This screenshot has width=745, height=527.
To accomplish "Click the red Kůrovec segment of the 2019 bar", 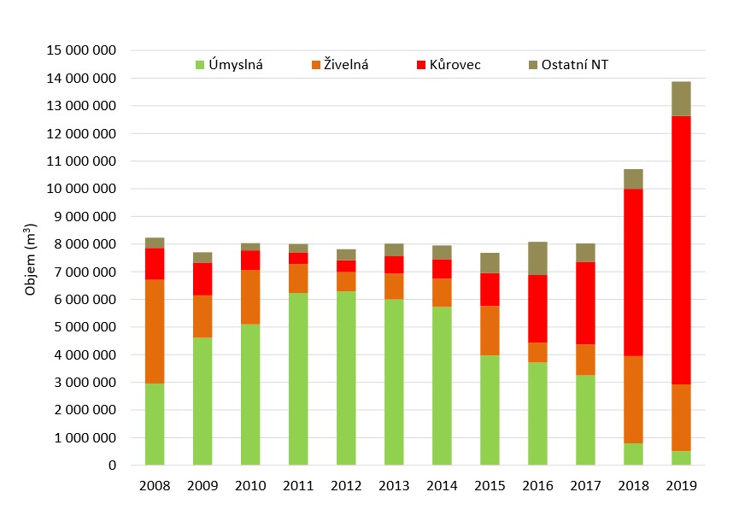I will click(681, 250).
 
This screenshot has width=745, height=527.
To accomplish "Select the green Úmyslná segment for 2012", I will click(346, 378).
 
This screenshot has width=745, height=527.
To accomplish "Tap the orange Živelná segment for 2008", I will click(155, 331).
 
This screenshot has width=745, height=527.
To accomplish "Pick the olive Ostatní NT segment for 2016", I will click(537, 259).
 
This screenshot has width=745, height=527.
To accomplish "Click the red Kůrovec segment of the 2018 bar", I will click(633, 272).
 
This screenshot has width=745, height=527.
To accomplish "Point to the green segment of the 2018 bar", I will click(633, 454).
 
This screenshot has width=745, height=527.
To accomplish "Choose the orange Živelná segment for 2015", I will click(490, 331).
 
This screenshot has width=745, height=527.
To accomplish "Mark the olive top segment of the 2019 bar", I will click(681, 99).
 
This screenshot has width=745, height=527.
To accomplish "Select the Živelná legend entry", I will click(339, 64).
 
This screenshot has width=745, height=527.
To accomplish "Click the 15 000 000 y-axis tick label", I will click(81, 50).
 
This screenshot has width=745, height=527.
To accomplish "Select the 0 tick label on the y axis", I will click(112, 466).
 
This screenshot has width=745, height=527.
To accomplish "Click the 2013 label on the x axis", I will click(394, 486).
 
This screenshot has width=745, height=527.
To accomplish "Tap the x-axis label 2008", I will click(155, 486).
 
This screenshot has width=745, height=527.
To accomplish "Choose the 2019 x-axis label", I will click(681, 486).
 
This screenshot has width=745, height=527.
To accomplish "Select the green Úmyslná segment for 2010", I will click(250, 395).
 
